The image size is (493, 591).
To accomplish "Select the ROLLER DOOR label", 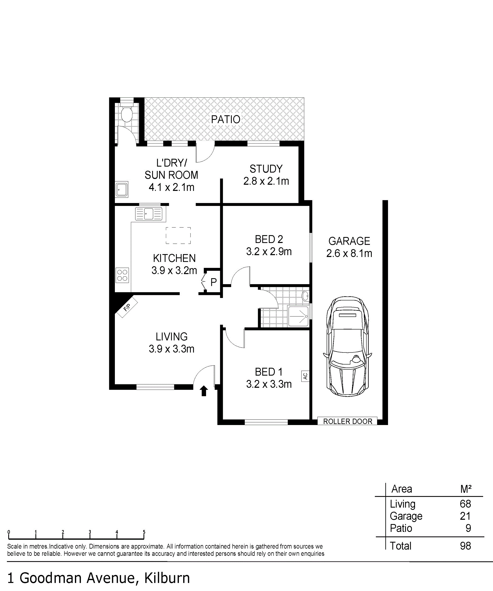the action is pyautogui.click(x=348, y=421).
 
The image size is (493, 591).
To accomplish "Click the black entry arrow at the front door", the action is pyautogui.click(x=204, y=391).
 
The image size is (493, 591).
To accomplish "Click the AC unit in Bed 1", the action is pyautogui.click(x=305, y=376).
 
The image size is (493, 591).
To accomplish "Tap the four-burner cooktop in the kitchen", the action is pyautogui.click(x=122, y=275).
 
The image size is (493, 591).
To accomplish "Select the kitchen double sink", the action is pyautogui.click(x=149, y=214).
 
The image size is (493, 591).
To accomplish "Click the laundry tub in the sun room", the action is pyautogui.click(x=122, y=189).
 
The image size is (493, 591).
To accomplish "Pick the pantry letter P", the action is pyautogui.click(x=214, y=282).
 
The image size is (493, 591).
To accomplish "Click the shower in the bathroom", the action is pyautogui.click(x=299, y=316).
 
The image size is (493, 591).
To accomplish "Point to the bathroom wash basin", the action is pyautogui.click(x=305, y=296).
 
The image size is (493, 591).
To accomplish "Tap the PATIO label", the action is pyautogui.click(x=226, y=120).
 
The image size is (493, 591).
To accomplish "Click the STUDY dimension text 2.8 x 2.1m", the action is pyautogui.click(x=266, y=181).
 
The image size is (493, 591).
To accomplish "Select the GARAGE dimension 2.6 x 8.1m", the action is pyautogui.click(x=349, y=253).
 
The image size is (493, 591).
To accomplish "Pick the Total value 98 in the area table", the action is pyautogui.click(x=465, y=546).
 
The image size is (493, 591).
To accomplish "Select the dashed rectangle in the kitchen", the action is pyautogui.click(x=178, y=236).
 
